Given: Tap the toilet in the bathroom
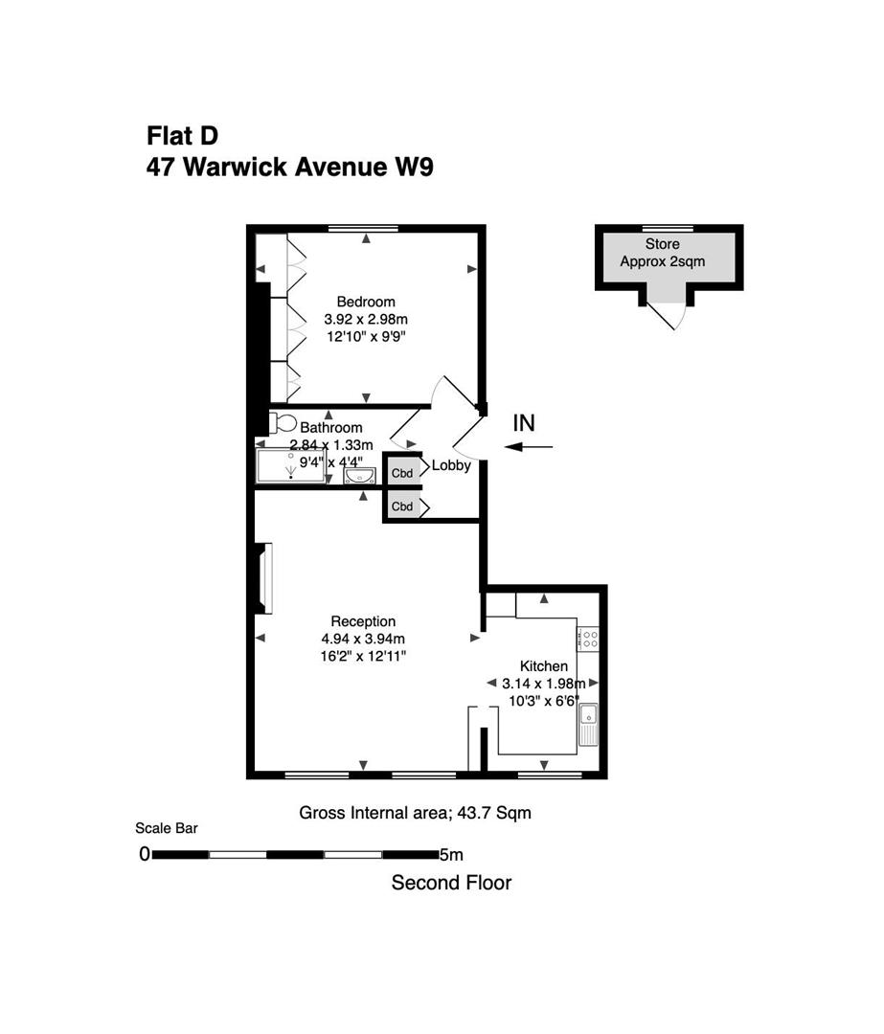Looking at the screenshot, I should click(x=283, y=422).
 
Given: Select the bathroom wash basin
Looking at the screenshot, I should click(x=362, y=474).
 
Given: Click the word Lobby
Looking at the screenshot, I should click(x=451, y=466).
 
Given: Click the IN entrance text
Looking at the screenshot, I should click(x=525, y=422).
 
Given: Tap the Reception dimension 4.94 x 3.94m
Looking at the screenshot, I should click(x=363, y=639).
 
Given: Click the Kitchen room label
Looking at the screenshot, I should click(x=543, y=666).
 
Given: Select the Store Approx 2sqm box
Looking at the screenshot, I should click(x=669, y=254).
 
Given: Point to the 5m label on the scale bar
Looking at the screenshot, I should click(x=450, y=854).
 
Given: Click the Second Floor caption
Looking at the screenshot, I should click(x=451, y=883).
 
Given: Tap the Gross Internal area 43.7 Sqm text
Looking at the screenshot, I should click(x=415, y=814).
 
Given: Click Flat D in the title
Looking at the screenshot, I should click(x=182, y=135).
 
